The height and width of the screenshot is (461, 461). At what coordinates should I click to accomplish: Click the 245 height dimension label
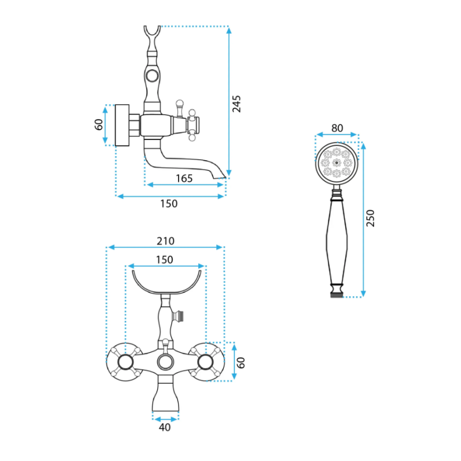pyautogui.click(x=237, y=104)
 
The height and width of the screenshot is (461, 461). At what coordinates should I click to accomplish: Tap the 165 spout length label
pyautogui.click(x=184, y=179)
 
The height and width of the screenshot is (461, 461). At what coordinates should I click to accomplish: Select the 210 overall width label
pyautogui.click(x=165, y=241)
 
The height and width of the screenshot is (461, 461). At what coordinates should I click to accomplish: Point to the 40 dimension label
pyautogui.click(x=165, y=427)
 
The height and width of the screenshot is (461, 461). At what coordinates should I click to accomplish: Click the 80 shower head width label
pyautogui.click(x=337, y=128)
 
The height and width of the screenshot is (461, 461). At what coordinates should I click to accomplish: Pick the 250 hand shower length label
pyautogui.click(x=371, y=218)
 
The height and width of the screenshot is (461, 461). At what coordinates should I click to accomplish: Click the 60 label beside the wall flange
pyautogui.click(x=99, y=124)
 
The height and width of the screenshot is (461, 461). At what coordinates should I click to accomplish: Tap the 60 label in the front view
pyautogui.click(x=240, y=363)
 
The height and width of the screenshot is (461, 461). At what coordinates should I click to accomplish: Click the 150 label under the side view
pyautogui.click(x=169, y=203)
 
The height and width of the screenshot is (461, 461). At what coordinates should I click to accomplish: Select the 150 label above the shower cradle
pyautogui.click(x=164, y=260)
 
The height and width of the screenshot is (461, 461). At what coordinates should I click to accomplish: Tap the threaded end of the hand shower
pyautogui.click(x=337, y=294)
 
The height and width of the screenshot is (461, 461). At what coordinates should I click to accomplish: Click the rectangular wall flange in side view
pyautogui.click(x=122, y=125)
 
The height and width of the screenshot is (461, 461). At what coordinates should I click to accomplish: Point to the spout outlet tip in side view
pyautogui.click(x=220, y=177)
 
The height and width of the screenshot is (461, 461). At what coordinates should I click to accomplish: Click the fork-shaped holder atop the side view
pyautogui.click(x=152, y=38)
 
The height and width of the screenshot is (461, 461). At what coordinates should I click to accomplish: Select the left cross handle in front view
pyautogui.click(x=126, y=362)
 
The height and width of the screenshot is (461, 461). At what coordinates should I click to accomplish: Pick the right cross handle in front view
pyautogui.click(x=205, y=362)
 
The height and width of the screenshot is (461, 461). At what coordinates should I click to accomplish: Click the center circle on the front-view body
pyautogui.click(x=165, y=362)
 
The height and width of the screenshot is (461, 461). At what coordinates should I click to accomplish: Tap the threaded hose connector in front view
pyautogui.click(x=178, y=316)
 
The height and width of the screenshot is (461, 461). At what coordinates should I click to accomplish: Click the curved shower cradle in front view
pyautogui.click(x=167, y=282)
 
